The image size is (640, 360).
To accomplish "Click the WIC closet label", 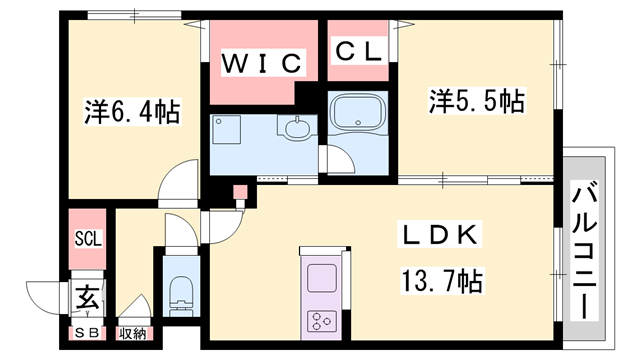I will click(x=262, y=63).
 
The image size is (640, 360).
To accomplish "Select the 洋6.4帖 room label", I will click(x=131, y=112).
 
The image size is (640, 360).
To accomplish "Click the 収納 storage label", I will click(x=132, y=333).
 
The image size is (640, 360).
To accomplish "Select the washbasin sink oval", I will click(x=297, y=128).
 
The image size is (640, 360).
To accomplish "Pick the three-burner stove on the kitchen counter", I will click(x=322, y=321).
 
